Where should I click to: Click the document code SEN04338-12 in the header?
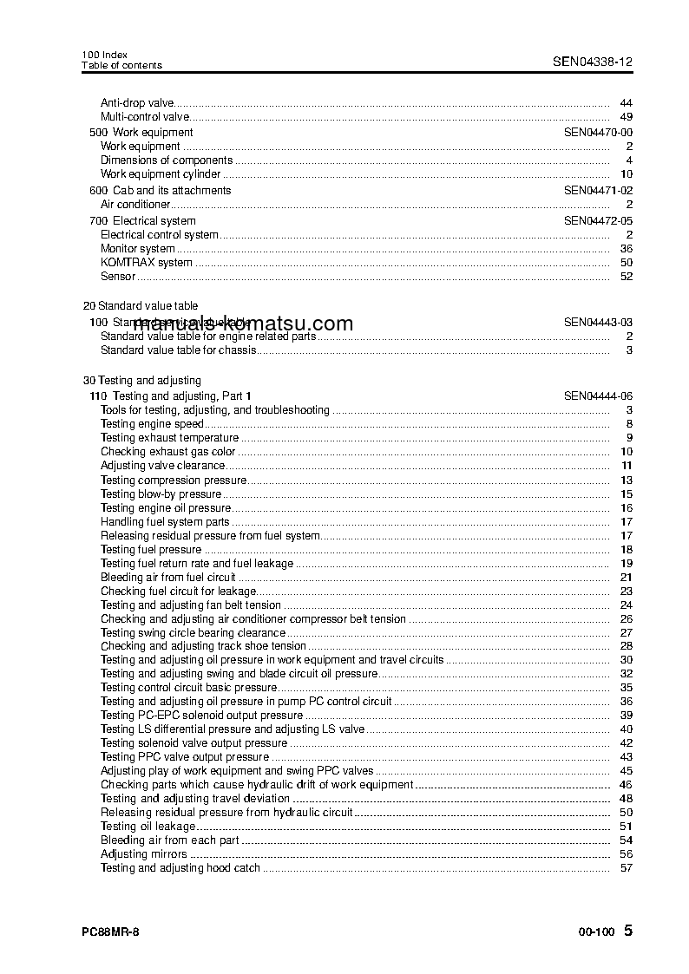[x=593, y=62]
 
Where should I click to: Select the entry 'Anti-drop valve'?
[x=137, y=102]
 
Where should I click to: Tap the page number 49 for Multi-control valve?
[x=627, y=116]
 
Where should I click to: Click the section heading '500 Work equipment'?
[x=141, y=133]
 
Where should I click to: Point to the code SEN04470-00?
[x=598, y=133]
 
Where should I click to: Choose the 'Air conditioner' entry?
[x=135, y=205]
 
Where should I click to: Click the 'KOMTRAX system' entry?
[x=146, y=263]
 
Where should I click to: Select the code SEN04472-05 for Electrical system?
[x=598, y=221]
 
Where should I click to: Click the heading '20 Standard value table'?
[x=141, y=306]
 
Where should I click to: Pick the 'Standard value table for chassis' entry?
[x=178, y=350]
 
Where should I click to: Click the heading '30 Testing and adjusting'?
[x=141, y=381]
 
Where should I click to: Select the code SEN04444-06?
[x=598, y=395]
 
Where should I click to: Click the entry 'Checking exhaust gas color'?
[x=167, y=452]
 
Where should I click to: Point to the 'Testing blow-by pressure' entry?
[x=161, y=494]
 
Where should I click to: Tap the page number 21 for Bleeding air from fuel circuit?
[x=627, y=578]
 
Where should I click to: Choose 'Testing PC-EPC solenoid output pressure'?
[x=201, y=716]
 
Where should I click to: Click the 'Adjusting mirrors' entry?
[x=143, y=854]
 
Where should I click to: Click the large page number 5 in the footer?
[x=628, y=931]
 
